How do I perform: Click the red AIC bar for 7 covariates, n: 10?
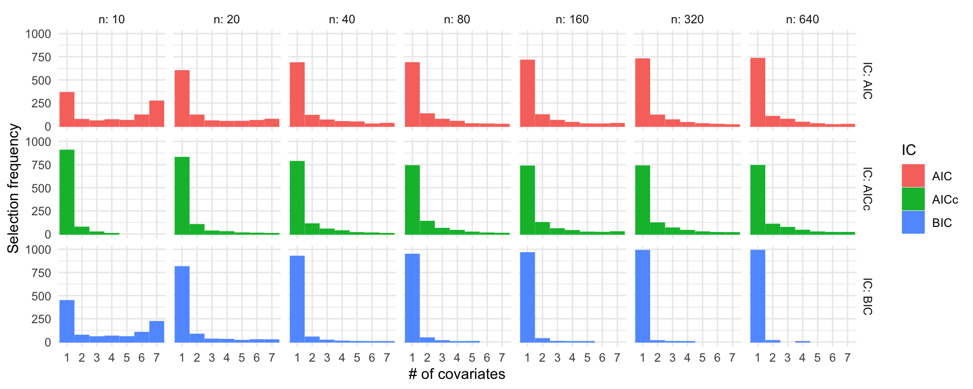[x=157, y=113]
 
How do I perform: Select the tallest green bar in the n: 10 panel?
[x=67, y=192]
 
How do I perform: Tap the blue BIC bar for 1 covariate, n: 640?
[x=758, y=296]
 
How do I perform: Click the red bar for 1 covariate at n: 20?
[x=182, y=98]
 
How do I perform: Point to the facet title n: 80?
[x=457, y=19]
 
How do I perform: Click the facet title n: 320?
[x=687, y=19]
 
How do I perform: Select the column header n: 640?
[x=802, y=19]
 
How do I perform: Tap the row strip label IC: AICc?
[x=867, y=188]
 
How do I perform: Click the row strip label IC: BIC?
[x=867, y=296]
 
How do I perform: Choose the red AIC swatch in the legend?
[x=913, y=176]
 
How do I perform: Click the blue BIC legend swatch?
[x=913, y=222]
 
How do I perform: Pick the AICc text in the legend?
[x=945, y=200]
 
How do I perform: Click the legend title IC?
[x=909, y=150]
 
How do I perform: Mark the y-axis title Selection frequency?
[x=13, y=188]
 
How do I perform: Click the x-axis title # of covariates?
[x=457, y=374]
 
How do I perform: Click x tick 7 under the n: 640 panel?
[x=847, y=358]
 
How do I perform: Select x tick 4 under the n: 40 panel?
[x=342, y=358]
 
